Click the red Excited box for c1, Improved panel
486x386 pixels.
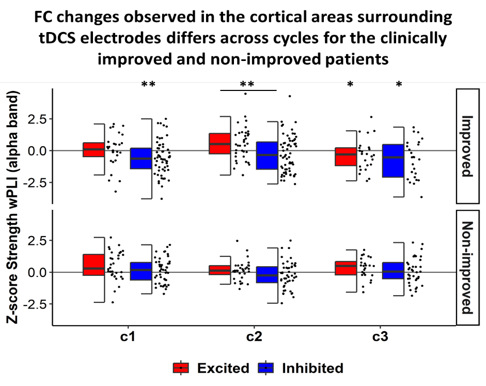(x=93, y=149)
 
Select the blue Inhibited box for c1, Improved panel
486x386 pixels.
(x=140, y=158)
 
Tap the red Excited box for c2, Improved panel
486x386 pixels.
(x=220, y=143)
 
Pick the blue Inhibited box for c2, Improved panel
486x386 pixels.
(x=267, y=155)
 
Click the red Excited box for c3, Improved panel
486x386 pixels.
(x=346, y=157)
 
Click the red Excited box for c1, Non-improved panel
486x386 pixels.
(x=93, y=265)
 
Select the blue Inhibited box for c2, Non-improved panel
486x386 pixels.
(x=267, y=274)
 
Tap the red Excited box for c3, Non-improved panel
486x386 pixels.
(x=346, y=268)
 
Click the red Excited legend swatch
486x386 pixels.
(x=181, y=368)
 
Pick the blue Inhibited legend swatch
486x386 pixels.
(x=265, y=368)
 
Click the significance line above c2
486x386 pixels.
(x=248, y=90)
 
